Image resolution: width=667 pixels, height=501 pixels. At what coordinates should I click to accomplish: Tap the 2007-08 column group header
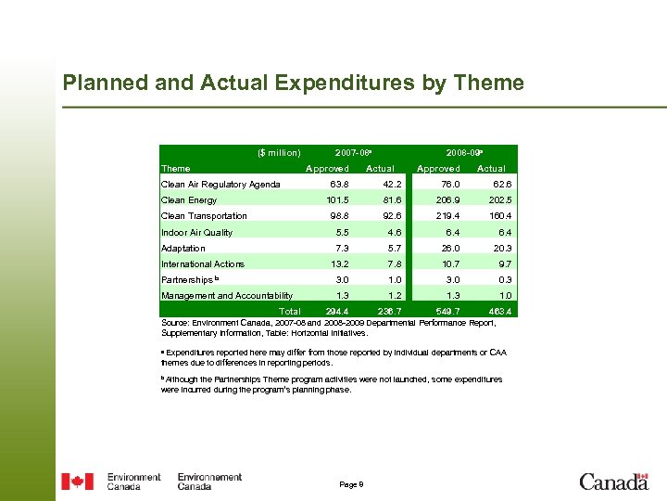click(354, 152)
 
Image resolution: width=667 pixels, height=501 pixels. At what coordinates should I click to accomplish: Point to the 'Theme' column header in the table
click(176, 168)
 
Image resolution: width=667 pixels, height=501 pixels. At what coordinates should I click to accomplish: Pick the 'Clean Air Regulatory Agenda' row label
click(220, 185)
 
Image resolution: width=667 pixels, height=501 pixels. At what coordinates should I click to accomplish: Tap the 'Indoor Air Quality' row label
click(196, 233)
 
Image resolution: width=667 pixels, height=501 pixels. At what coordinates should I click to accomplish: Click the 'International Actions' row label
click(203, 264)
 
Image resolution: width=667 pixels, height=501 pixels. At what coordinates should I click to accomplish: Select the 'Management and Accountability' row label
click(227, 296)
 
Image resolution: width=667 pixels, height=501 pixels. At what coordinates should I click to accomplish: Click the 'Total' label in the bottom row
click(290, 311)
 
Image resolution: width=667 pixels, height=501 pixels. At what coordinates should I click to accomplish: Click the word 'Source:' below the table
click(175, 323)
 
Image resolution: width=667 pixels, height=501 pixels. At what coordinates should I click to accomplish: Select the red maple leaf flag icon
click(77, 481)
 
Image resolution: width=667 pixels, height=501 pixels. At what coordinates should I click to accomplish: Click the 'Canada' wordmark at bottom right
click(613, 481)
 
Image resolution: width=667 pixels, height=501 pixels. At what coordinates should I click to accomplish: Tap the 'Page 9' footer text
click(352, 484)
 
